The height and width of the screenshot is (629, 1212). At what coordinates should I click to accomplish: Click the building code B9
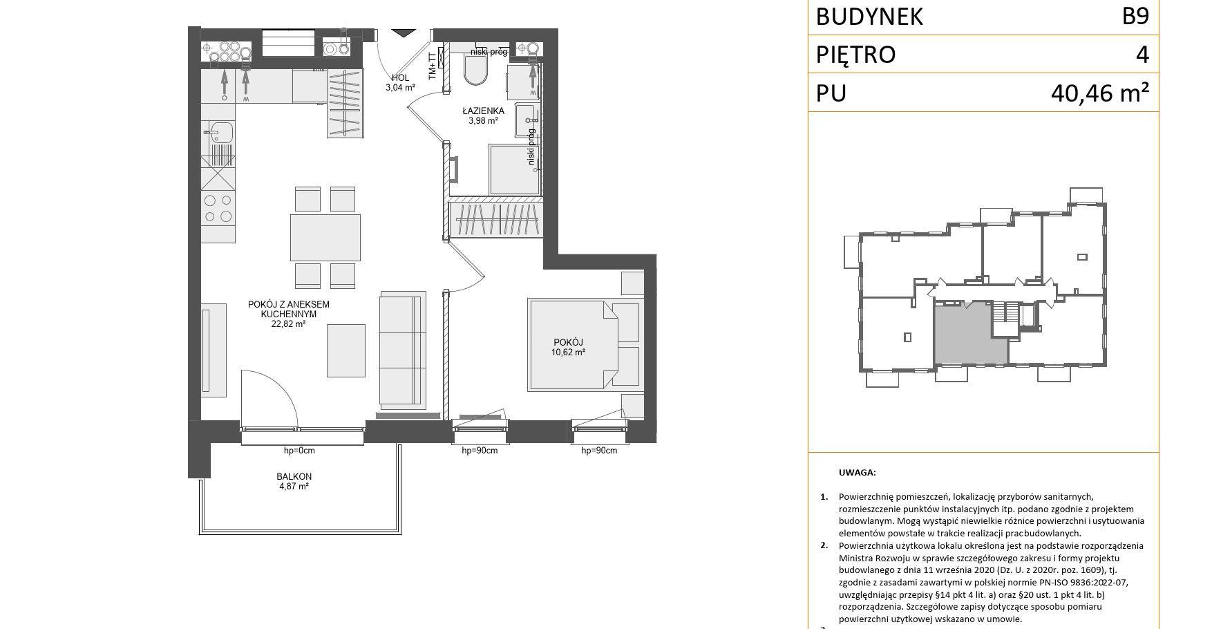1135,16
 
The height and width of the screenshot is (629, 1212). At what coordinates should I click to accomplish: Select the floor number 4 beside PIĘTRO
1142,54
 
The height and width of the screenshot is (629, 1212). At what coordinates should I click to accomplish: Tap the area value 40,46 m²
1100,92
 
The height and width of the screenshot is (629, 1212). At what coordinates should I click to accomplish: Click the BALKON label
294,476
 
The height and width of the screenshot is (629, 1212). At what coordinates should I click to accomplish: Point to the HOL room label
400,77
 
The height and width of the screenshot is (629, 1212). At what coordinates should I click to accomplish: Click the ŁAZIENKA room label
483,111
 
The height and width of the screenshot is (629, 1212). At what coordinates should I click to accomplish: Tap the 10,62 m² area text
569,353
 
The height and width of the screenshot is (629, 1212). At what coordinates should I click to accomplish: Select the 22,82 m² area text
288,323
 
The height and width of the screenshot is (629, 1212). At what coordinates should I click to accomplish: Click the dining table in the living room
325,237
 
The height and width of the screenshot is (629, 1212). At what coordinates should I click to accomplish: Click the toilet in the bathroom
475,69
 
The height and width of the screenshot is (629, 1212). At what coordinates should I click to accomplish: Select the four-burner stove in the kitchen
218,208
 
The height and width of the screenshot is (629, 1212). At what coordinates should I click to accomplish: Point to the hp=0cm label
299,451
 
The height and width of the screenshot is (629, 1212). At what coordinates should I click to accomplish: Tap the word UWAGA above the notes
857,473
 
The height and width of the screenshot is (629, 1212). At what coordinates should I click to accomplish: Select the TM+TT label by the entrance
433,66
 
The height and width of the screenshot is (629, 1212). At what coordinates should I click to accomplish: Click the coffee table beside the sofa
345,350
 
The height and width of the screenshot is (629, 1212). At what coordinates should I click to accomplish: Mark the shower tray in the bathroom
514,169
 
